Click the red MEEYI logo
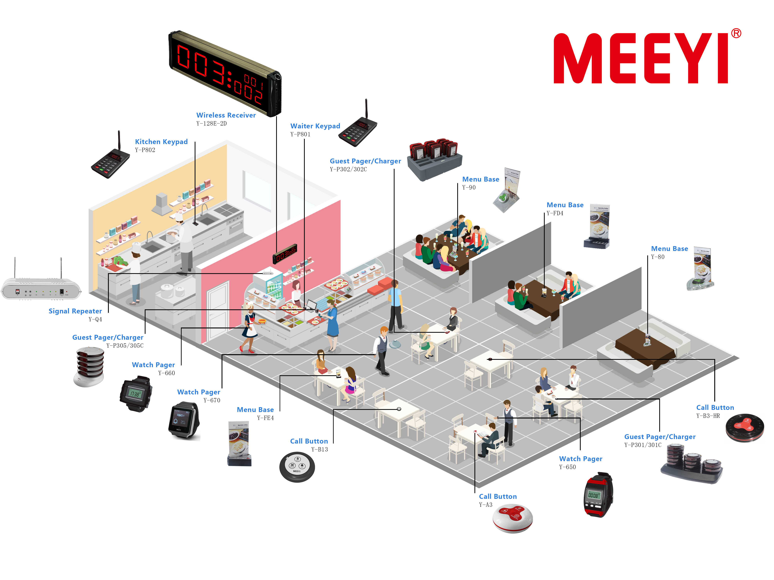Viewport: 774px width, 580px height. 640,58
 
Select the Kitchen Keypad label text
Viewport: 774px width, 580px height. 161,142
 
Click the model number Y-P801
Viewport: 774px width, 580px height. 300,134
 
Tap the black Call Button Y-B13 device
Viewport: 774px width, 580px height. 297,467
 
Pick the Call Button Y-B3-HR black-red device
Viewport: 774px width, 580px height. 745,428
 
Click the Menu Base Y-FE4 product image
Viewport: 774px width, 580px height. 239,443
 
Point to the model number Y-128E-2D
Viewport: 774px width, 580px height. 211,123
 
